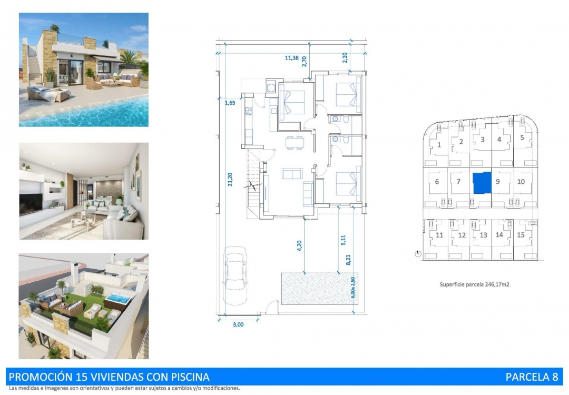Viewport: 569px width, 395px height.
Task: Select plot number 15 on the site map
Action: [521, 235]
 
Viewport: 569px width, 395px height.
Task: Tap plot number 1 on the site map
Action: [439, 144]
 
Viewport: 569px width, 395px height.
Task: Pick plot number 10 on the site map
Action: [521, 182]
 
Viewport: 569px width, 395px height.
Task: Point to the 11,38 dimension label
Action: [291, 59]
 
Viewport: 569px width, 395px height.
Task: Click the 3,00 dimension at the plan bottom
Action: [238, 324]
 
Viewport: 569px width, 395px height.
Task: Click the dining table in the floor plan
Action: [294, 142]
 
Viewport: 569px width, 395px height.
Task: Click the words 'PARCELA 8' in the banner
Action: [531, 377]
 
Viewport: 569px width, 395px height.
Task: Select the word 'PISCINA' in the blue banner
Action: [189, 377]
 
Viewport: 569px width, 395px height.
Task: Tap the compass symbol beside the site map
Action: [418, 254]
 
